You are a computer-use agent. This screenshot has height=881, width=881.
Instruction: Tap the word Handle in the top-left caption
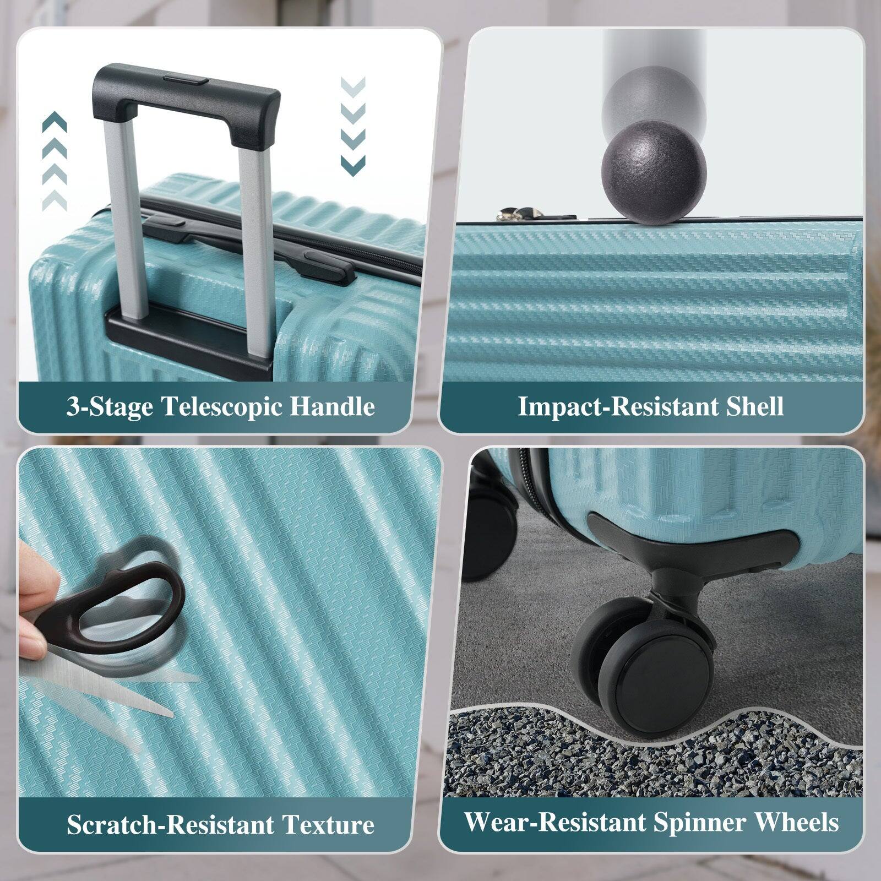coord(332,407)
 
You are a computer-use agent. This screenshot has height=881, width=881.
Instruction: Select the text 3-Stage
coord(110,407)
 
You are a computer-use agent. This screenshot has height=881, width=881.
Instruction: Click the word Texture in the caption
coord(328,825)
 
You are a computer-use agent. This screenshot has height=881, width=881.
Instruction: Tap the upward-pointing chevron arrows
coord(55,162)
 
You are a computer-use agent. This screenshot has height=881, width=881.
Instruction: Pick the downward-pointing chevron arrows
coord(353,126)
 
